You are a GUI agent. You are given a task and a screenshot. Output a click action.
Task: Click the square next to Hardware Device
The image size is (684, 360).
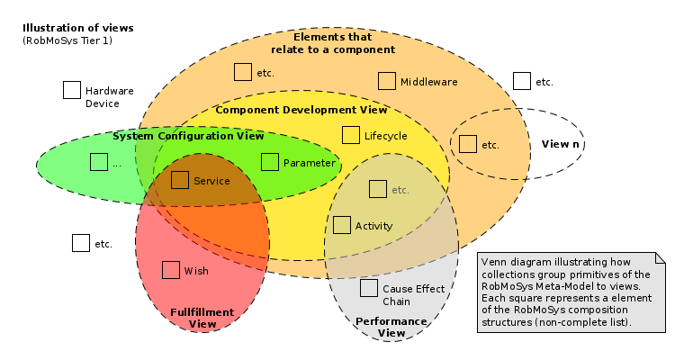[72, 90]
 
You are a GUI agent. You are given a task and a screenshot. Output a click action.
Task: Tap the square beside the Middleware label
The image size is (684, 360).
[387, 81]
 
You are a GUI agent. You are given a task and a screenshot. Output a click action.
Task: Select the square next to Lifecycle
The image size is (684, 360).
[351, 135]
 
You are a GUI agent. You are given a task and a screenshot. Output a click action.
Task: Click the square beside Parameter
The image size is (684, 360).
[270, 162]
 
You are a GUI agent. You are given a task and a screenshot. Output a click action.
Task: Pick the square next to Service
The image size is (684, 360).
[180, 180]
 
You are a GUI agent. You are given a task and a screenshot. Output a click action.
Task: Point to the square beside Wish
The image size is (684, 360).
[171, 270]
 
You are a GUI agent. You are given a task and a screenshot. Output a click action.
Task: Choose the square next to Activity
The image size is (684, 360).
[342, 225]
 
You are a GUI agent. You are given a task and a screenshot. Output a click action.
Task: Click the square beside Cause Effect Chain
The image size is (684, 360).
[369, 288]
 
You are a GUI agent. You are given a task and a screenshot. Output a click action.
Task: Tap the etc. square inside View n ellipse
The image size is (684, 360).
[468, 144]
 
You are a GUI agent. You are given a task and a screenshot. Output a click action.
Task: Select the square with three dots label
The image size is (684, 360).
[99, 162]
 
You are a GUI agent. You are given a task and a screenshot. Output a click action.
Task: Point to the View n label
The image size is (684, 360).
[560, 144]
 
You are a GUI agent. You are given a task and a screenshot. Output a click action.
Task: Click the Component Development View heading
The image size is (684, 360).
[301, 110]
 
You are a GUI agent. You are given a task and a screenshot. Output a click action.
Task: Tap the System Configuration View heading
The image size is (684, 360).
[188, 136]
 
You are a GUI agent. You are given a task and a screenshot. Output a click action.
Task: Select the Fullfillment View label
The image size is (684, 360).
[202, 318]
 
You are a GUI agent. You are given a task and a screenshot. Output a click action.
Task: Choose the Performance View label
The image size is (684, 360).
[391, 327]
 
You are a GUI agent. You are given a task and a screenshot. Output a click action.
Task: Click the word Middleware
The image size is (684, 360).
[429, 82]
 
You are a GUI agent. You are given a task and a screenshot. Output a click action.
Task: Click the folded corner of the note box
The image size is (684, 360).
[659, 260]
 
